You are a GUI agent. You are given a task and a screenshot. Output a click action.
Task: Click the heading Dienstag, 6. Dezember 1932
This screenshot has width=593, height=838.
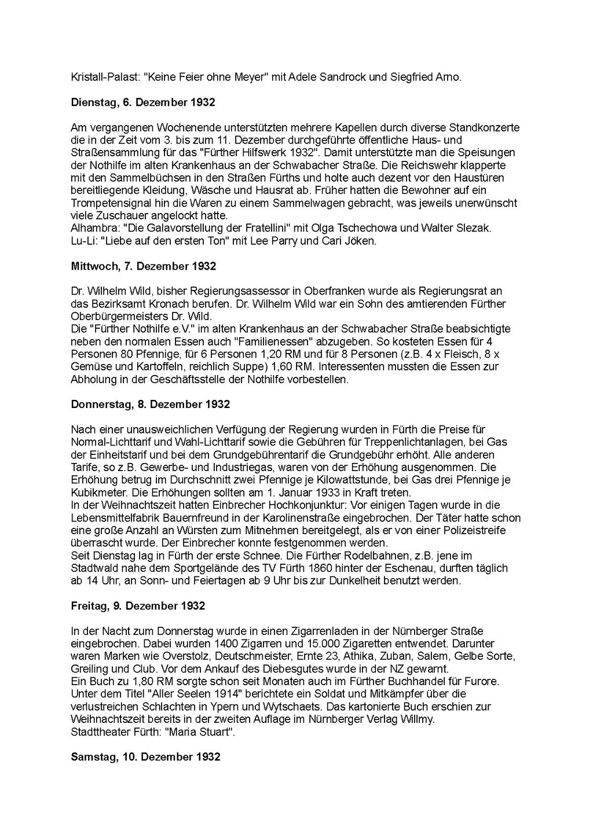point(142,102)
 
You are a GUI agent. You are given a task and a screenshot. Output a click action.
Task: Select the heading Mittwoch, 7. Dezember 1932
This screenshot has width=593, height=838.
point(143,266)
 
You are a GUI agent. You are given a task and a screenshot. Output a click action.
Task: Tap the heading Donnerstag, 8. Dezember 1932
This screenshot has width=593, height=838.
point(150,405)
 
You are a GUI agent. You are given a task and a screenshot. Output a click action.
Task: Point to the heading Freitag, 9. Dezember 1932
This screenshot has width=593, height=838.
point(138,606)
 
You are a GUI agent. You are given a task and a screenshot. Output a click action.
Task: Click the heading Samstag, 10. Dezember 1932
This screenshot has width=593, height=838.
point(145,757)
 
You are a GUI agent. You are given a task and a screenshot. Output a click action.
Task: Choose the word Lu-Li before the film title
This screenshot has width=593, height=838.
point(82,241)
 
